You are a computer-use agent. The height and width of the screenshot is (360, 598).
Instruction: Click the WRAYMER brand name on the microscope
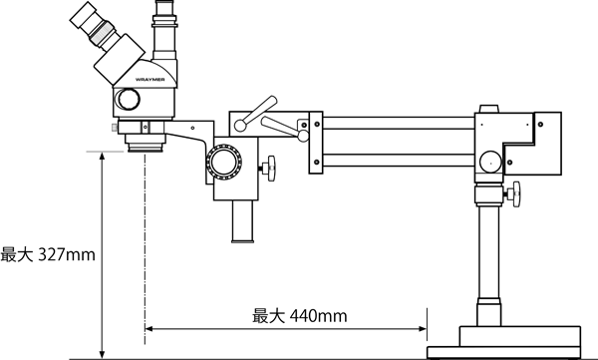[x=149, y=80]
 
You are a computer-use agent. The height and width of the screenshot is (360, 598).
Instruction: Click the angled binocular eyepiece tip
[x=83, y=15]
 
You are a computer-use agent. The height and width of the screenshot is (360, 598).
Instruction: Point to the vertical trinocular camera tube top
[x=164, y=8]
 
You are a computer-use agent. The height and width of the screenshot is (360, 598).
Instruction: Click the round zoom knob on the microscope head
[x=128, y=99]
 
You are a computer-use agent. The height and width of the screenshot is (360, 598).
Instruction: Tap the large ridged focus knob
[x=224, y=162]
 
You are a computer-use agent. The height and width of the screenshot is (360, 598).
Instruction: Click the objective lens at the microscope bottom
[x=146, y=145]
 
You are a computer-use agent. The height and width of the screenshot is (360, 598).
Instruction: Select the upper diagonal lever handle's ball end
[x=240, y=125]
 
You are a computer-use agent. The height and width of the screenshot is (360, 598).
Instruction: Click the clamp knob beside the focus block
[x=270, y=168]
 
